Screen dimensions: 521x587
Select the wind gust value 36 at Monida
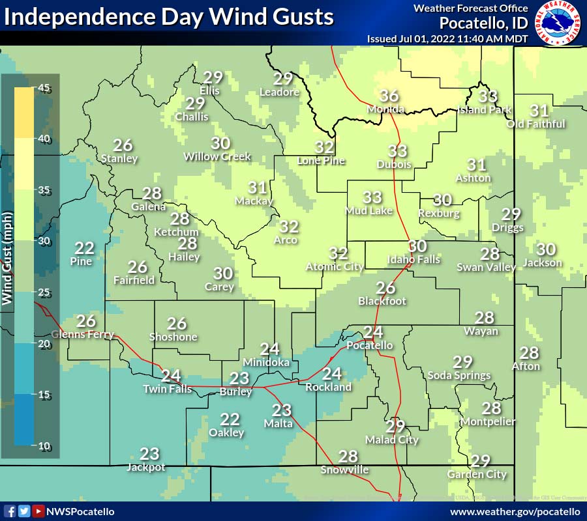click(x=389, y=95)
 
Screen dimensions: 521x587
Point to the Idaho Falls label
click(x=414, y=259)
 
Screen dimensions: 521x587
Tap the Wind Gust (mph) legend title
click(x=8, y=258)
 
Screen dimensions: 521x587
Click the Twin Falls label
click(x=168, y=389)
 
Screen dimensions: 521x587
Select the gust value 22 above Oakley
click(x=230, y=419)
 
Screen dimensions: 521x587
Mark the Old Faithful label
click(x=535, y=124)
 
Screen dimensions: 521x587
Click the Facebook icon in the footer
click(x=10, y=511)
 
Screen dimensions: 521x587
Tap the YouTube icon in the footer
click(x=38, y=511)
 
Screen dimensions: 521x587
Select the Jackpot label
click(x=145, y=467)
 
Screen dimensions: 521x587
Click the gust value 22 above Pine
click(x=84, y=248)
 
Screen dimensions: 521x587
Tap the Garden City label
click(x=477, y=474)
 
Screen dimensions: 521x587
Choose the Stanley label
click(x=119, y=158)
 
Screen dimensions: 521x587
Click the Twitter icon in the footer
click(x=24, y=511)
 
